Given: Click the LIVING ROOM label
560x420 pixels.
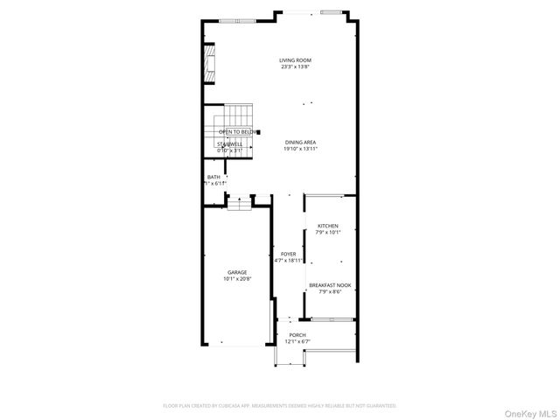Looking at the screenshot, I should pyautogui.click(x=295, y=59).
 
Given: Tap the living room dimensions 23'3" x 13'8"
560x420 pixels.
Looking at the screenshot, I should pyautogui.click(x=295, y=66).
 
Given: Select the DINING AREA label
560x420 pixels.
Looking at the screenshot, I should pyautogui.click(x=299, y=142).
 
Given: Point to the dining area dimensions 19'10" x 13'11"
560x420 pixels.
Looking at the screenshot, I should pyautogui.click(x=299, y=149).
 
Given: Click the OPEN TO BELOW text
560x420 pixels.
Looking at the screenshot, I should pyautogui.click(x=236, y=132).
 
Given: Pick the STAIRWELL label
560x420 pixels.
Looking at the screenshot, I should pyautogui.click(x=229, y=143).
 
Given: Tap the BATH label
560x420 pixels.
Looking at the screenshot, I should pyautogui.click(x=213, y=177).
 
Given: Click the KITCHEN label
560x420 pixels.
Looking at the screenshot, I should pyautogui.click(x=327, y=226).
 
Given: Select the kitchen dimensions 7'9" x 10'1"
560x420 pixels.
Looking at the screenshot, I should pyautogui.click(x=327, y=233).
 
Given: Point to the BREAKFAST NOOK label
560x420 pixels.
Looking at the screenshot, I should pyautogui.click(x=330, y=284).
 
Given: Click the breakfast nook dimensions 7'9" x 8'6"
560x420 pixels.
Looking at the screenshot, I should pyautogui.click(x=330, y=291).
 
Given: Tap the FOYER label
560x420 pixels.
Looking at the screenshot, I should pyautogui.click(x=288, y=254).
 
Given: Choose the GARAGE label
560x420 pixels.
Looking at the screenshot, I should pyautogui.click(x=237, y=271).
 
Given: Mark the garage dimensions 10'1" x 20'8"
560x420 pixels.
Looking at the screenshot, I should pyautogui.click(x=237, y=278).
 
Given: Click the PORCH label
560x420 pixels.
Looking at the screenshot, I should pyautogui.click(x=298, y=334).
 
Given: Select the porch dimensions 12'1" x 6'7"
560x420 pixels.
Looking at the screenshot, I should pyautogui.click(x=298, y=341).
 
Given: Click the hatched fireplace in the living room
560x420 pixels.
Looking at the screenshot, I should pyautogui.click(x=208, y=65).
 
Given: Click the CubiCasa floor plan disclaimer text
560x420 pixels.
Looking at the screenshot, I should pyautogui.click(x=280, y=406).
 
